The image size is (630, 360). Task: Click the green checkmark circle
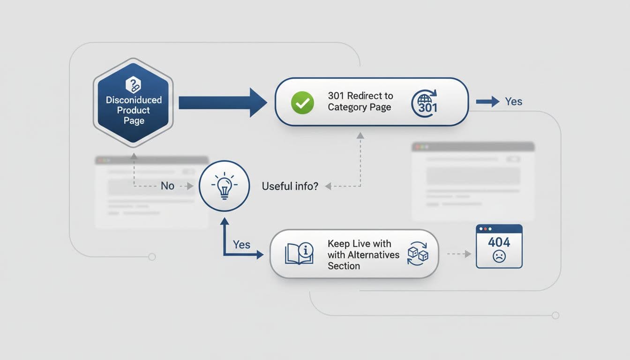click(x=302, y=103)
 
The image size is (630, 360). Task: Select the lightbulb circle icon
click(x=224, y=186)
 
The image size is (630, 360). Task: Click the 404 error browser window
click(x=499, y=246)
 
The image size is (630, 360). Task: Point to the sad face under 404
click(x=499, y=256)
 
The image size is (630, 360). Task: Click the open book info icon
click(x=299, y=254)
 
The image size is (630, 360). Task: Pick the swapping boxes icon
click(x=417, y=254)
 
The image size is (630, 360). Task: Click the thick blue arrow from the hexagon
click(x=222, y=102)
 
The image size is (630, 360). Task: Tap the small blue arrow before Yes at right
click(x=487, y=102)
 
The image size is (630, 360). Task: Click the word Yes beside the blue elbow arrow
click(x=241, y=245)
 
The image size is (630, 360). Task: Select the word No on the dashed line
click(x=167, y=186)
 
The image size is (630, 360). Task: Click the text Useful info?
click(x=290, y=186)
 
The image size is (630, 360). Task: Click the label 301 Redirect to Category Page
click(x=360, y=101)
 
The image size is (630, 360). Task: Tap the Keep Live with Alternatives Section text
click(x=363, y=255)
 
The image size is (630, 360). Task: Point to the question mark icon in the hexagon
click(x=134, y=85)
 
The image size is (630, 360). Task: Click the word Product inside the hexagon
click(x=134, y=110)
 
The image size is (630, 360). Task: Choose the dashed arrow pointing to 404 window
click(x=459, y=254)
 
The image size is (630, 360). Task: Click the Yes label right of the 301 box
click(x=513, y=102)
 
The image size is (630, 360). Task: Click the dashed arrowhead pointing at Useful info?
click(x=329, y=186)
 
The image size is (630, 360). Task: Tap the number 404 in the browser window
click(x=499, y=242)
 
